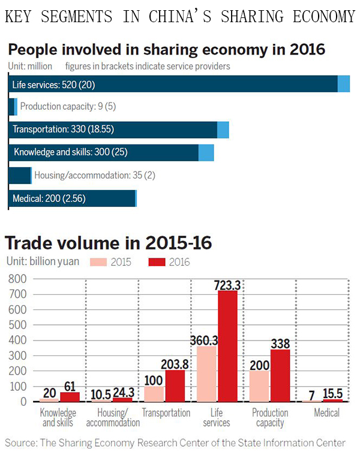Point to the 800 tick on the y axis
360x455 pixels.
tap(19, 279)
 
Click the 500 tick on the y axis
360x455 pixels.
tap(19, 325)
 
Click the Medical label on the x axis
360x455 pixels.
tap(327, 412)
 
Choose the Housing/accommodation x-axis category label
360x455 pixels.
tap(113, 417)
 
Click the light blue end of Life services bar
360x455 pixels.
tap(343, 84)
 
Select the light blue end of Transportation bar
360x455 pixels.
tap(223, 129)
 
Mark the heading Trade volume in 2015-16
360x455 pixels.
tap(108, 243)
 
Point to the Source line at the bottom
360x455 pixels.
tap(175, 442)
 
